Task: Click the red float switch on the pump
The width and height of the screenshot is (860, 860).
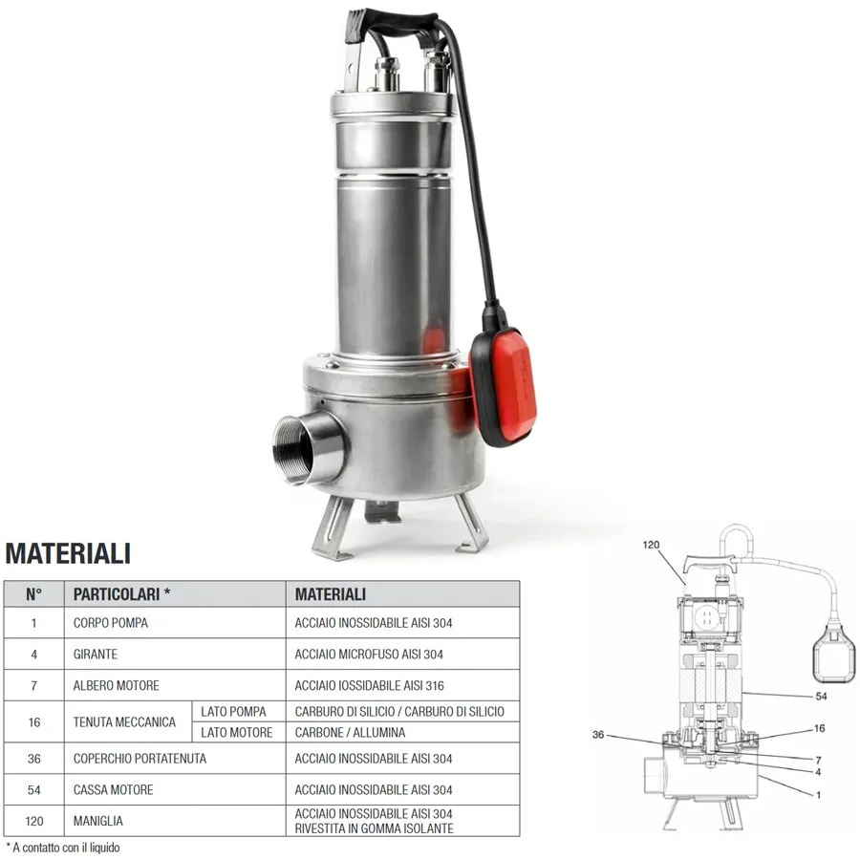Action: pyautogui.click(x=503, y=384)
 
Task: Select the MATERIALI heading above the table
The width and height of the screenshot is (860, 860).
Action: pyautogui.click(x=68, y=553)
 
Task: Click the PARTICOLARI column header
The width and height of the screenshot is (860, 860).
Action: pyautogui.click(x=121, y=594)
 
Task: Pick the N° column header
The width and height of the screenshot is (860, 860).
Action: pyautogui.click(x=33, y=594)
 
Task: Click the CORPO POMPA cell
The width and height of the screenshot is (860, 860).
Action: pyautogui.click(x=111, y=623)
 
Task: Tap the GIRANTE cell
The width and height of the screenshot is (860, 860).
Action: pyautogui.click(x=96, y=655)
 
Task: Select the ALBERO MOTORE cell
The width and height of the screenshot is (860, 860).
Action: pyautogui.click(x=117, y=685)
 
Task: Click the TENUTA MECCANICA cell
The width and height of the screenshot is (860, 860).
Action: pyautogui.click(x=124, y=722)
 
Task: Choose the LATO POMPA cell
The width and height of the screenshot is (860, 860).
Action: pyautogui.click(x=234, y=712)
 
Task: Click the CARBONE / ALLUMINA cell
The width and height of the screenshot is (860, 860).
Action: pyautogui.click(x=350, y=733)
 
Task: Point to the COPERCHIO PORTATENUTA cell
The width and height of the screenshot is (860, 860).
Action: pyautogui.click(x=140, y=759)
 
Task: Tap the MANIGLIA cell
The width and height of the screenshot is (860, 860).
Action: pyautogui.click(x=98, y=821)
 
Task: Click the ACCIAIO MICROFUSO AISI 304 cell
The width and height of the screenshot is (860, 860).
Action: pyautogui.click(x=369, y=655)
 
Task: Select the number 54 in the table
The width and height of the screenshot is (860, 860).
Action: pyautogui.click(x=34, y=790)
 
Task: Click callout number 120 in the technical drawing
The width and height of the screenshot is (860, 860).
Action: pyautogui.click(x=651, y=545)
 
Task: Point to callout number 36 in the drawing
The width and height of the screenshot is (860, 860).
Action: pyautogui.click(x=598, y=735)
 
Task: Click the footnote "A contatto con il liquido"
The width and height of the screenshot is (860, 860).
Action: pyautogui.click(x=63, y=848)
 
